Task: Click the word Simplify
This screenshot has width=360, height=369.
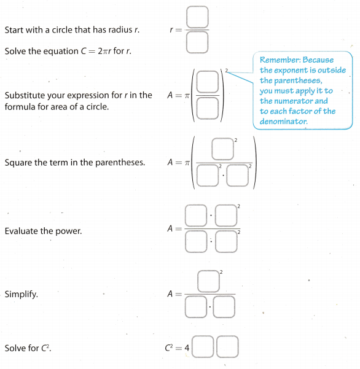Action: point(21,295)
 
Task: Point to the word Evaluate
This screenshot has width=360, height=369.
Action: point(22,231)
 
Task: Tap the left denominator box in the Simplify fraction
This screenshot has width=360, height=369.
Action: point(196,307)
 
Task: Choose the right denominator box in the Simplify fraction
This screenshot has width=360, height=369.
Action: point(224,307)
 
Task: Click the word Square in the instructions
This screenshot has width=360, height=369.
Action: point(18,163)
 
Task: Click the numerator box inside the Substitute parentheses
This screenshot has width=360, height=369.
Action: point(208,82)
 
